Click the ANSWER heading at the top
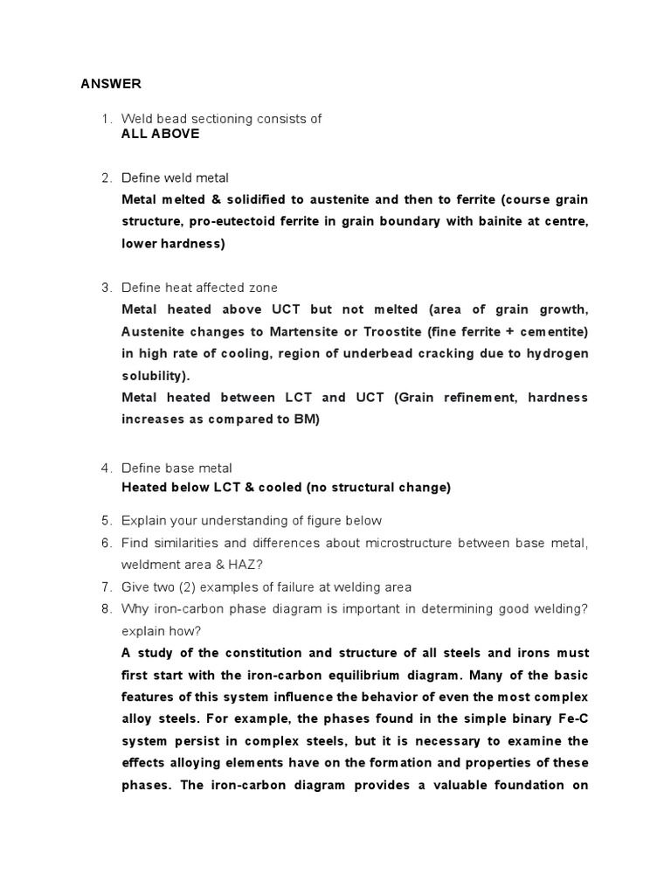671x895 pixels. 110,84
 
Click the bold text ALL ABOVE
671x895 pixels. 160,134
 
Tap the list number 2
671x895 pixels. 106,178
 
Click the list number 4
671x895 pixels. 106,468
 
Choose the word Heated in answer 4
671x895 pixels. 145,488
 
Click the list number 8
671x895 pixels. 106,609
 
